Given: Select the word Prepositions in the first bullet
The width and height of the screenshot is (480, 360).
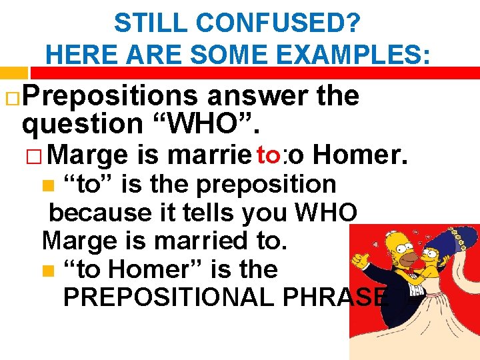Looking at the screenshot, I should (111, 97).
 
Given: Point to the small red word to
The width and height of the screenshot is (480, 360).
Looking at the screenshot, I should (271, 155).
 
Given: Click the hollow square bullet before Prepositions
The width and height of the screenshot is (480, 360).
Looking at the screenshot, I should (11, 97).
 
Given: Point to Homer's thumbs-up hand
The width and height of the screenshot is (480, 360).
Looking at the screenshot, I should (363, 257).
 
